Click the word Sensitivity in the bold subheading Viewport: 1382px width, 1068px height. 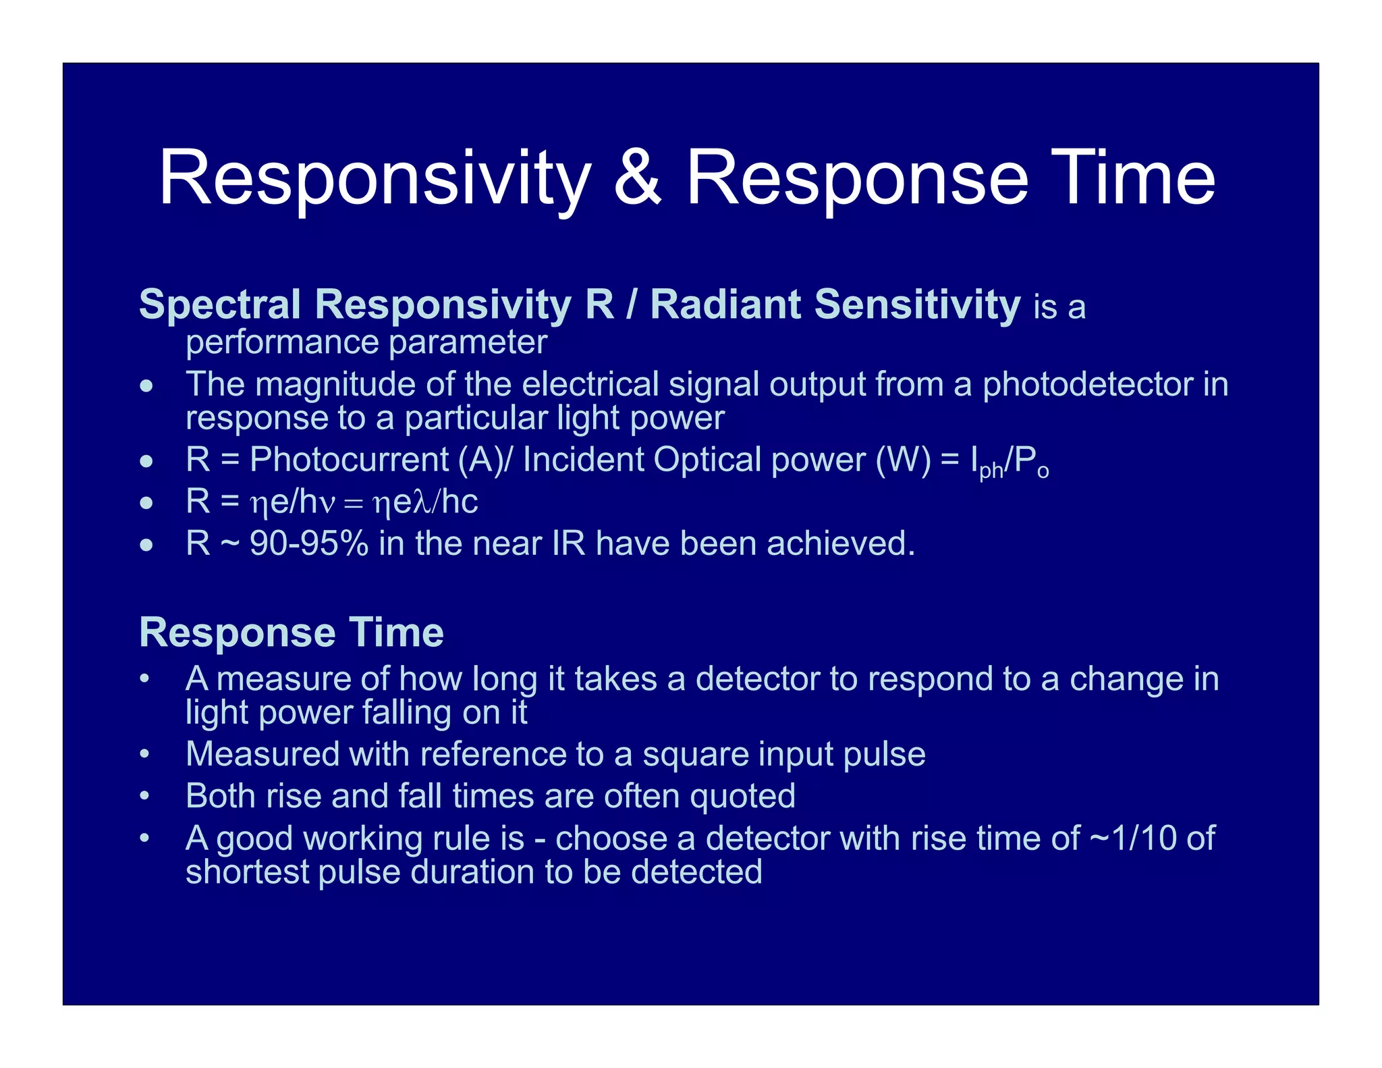(x=917, y=304)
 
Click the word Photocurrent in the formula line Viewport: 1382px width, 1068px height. (x=349, y=460)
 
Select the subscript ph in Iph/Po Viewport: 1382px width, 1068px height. (x=991, y=471)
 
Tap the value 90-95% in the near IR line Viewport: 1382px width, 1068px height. (x=309, y=543)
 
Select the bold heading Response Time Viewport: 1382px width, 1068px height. (x=291, y=633)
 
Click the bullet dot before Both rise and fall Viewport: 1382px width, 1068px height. (x=144, y=797)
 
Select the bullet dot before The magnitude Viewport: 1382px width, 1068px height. (x=146, y=387)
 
